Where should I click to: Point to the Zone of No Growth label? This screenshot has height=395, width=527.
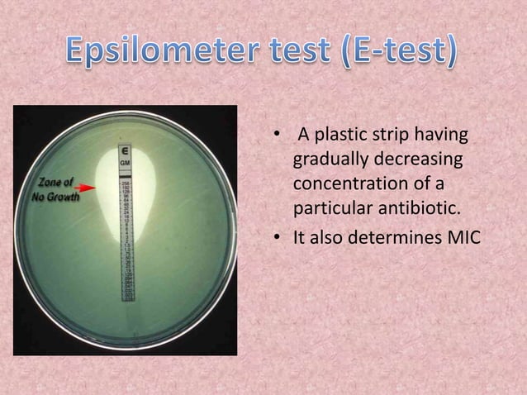point(55,189)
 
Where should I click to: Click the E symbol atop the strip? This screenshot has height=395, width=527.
point(125,152)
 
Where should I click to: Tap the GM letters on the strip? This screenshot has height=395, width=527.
point(125,164)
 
